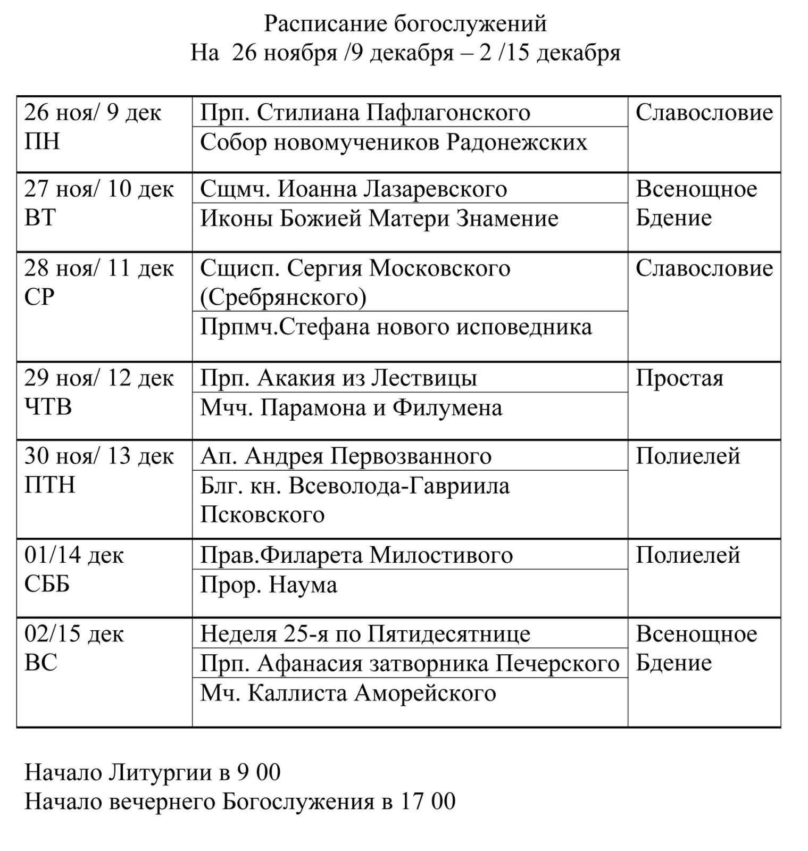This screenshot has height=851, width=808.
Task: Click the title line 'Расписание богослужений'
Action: click(405, 24)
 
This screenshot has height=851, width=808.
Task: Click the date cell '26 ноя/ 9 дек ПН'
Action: click(93, 127)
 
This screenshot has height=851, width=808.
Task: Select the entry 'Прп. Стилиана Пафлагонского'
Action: click(365, 113)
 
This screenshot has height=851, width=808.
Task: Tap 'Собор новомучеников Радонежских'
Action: click(394, 143)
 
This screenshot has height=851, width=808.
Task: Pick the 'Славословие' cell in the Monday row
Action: click(704, 113)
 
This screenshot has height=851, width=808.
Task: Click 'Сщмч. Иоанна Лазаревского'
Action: click(353, 189)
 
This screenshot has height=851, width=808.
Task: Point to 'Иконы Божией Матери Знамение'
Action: click(379, 219)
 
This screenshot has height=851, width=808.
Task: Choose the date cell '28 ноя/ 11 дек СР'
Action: click(99, 282)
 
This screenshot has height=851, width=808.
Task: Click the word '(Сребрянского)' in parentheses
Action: click(283, 297)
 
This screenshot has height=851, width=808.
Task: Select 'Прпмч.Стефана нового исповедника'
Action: click(396, 327)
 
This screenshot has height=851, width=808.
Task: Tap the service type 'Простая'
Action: click(679, 379)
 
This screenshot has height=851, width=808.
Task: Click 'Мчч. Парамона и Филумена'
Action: click(351, 408)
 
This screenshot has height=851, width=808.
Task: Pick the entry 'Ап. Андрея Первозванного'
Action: click(346, 456)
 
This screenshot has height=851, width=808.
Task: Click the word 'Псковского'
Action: click(262, 515)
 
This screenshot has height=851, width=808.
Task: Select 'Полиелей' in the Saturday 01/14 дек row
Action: click(688, 555)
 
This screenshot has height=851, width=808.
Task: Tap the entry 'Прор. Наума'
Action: click(269, 585)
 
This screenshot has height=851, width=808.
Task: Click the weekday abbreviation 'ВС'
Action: click(41, 663)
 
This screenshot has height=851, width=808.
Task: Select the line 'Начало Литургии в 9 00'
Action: click(153, 772)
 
